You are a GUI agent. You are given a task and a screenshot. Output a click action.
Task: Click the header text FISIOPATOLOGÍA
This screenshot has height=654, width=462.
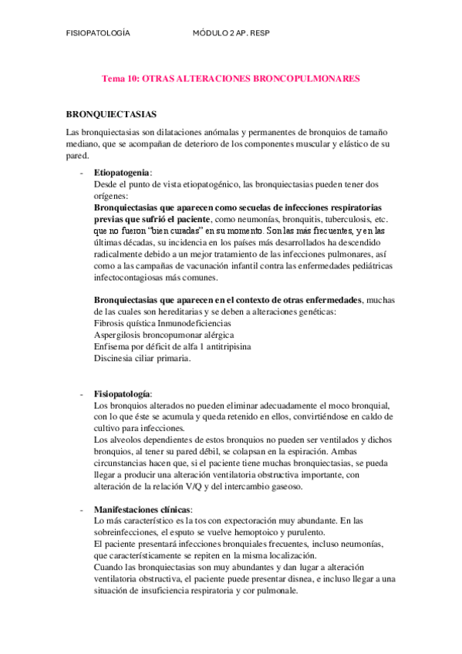98,34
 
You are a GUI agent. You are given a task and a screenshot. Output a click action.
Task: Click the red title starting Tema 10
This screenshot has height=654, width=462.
231,79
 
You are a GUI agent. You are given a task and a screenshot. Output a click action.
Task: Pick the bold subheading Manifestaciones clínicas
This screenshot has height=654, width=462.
142,510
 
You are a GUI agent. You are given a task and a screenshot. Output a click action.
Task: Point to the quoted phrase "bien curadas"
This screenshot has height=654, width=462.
181,231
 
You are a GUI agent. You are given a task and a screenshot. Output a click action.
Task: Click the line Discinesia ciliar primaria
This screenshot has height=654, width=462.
142,358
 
